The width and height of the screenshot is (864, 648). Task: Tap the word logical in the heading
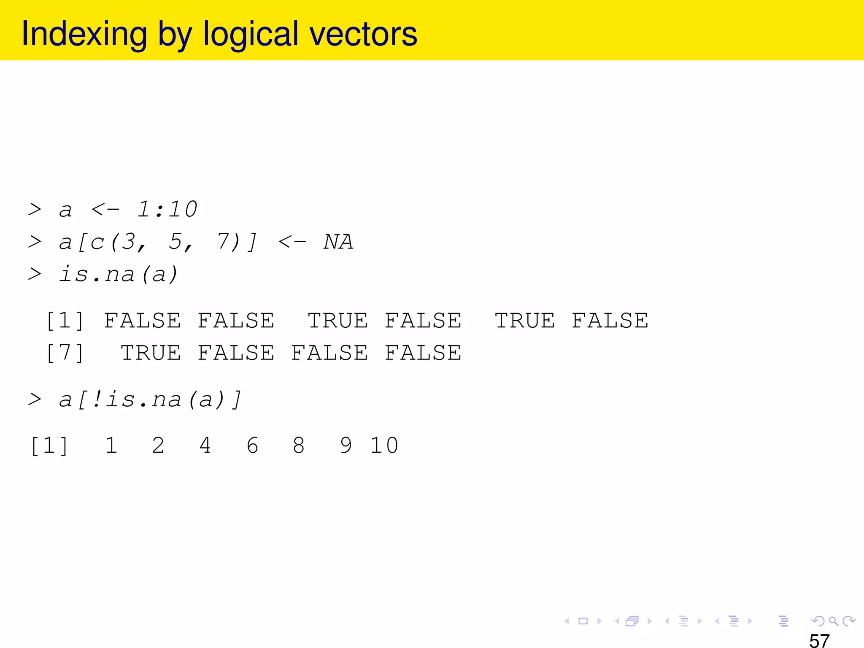(x=251, y=35)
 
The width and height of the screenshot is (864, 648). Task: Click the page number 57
(x=819, y=640)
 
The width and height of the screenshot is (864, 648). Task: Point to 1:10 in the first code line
(x=167, y=209)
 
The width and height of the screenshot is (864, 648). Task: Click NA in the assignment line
(x=338, y=242)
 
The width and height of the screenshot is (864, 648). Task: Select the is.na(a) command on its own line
(x=119, y=275)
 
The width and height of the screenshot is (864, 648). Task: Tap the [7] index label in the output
(x=65, y=353)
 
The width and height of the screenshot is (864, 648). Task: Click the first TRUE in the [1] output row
(x=337, y=321)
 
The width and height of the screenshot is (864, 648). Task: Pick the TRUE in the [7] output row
(x=151, y=353)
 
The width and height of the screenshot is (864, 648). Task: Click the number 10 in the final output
(x=384, y=445)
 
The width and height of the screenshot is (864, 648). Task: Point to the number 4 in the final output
(x=205, y=445)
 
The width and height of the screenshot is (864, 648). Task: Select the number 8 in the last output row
(x=299, y=445)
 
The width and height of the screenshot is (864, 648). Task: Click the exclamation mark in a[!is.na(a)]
(x=97, y=399)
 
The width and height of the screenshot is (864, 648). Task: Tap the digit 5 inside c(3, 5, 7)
(x=175, y=242)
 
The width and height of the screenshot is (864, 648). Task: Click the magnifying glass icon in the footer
(x=833, y=621)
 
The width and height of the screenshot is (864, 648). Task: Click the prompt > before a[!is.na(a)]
(x=35, y=399)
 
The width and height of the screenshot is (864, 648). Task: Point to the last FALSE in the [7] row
(x=423, y=353)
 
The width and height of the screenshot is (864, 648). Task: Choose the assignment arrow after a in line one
(x=105, y=209)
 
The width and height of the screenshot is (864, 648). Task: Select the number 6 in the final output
(x=252, y=445)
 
